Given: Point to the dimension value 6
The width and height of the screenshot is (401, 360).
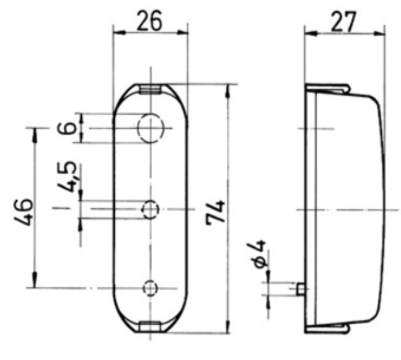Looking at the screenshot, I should pos(70,128).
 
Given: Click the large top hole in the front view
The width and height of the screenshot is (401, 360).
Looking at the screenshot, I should pos(150,128).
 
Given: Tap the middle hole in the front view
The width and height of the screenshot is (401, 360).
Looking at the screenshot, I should pos(150,209).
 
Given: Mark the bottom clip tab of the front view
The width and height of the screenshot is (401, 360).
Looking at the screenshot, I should pos(149,326).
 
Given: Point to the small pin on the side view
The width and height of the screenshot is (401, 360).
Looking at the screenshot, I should pos(301,289).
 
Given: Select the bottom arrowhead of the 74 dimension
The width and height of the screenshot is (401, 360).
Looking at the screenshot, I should pos(229,330).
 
